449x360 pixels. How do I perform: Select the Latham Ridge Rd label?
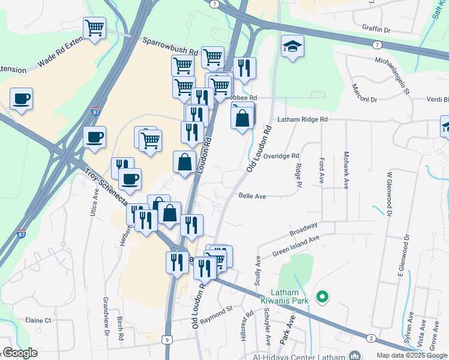[303, 120]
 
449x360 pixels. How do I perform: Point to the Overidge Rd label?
[280, 156]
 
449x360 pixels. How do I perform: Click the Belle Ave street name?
[252, 196]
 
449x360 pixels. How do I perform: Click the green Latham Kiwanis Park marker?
[322, 296]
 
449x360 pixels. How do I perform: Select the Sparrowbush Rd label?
[170, 47]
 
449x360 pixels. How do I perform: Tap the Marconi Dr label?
[364, 99]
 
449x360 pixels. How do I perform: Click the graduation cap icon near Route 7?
[292, 47]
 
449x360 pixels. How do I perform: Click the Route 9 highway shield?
[166, 340]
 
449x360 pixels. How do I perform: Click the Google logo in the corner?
[20, 353]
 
